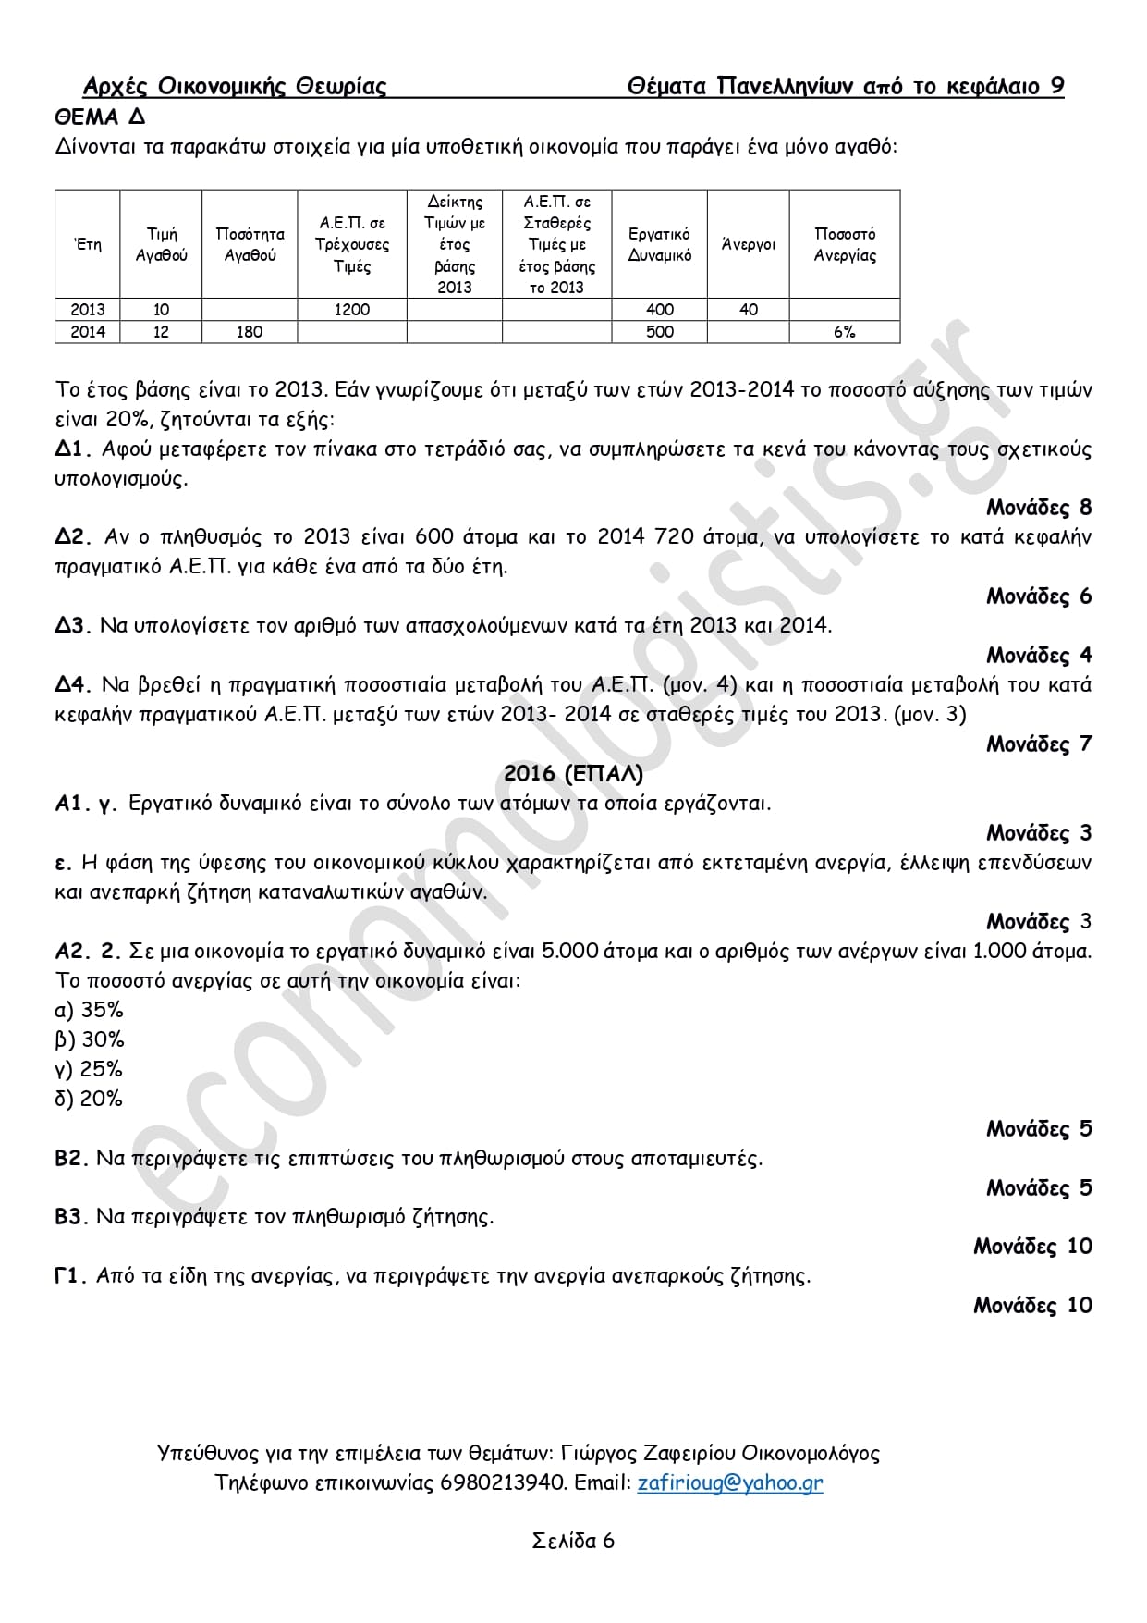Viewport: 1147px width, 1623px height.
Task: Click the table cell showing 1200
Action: (351, 310)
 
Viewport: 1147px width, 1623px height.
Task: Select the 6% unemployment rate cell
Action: (844, 332)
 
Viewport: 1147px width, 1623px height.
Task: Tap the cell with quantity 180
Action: (249, 332)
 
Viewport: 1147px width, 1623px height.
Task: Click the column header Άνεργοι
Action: (748, 244)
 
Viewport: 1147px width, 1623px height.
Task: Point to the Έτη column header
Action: (87, 244)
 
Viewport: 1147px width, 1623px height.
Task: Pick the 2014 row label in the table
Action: (87, 332)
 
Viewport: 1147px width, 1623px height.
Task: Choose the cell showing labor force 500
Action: (659, 332)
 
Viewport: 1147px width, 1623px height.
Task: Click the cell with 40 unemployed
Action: (748, 310)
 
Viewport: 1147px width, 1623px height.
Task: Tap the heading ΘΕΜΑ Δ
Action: (100, 117)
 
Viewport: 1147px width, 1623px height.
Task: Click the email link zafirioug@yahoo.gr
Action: (729, 1482)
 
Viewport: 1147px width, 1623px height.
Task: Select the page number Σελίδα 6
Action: (573, 1541)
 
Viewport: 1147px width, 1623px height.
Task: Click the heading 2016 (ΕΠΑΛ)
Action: (573, 774)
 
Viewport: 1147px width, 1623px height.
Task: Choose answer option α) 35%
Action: (89, 1010)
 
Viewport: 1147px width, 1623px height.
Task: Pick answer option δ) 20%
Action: (89, 1099)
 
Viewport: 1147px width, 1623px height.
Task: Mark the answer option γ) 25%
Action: (89, 1069)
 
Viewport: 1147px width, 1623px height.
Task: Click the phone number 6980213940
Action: (502, 1482)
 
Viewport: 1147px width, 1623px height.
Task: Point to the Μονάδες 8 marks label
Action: (1039, 508)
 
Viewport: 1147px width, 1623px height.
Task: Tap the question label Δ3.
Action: (72, 626)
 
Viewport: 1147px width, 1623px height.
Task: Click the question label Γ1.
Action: (70, 1276)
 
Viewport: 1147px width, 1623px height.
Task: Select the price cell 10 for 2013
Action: (161, 310)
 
